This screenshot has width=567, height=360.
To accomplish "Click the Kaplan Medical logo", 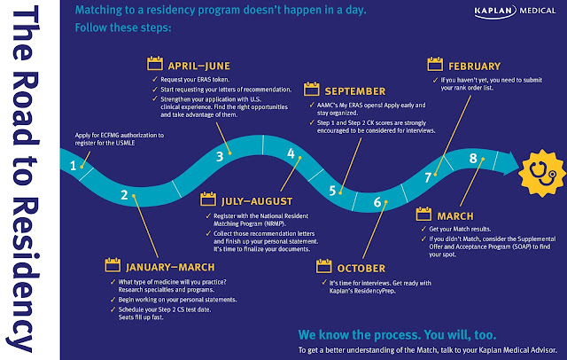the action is coord(515,12).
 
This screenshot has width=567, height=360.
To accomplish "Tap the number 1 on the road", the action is coord(73,166).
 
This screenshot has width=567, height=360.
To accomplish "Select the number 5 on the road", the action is coord(332,191).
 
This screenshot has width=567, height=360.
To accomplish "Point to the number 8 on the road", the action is coord(473,158).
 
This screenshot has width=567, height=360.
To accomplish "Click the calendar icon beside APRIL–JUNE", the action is coord(155,63).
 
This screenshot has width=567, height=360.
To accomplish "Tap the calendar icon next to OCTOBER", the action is coord(323,266).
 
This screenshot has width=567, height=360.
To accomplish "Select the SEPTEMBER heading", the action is coord(355,91).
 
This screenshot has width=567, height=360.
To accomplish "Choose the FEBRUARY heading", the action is coord(475,67).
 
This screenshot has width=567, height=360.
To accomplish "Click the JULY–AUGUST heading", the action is coord(257,201).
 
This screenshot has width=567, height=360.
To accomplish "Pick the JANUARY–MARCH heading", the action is coord(170,268).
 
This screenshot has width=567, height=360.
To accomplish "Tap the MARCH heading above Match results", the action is coord(455,216).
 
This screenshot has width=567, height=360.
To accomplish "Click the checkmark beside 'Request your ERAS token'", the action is coord(155,79).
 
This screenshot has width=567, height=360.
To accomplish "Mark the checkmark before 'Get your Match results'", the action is coord(423,229).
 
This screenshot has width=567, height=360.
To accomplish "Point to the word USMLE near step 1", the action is coord(125,143).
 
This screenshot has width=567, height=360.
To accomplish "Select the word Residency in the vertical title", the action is coord(24,275).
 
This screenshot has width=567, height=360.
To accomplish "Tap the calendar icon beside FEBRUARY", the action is coord(435,64).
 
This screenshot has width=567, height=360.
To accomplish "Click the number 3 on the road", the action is coord(220,157).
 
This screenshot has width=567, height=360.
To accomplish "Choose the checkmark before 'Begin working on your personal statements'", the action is coord(113,299).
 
